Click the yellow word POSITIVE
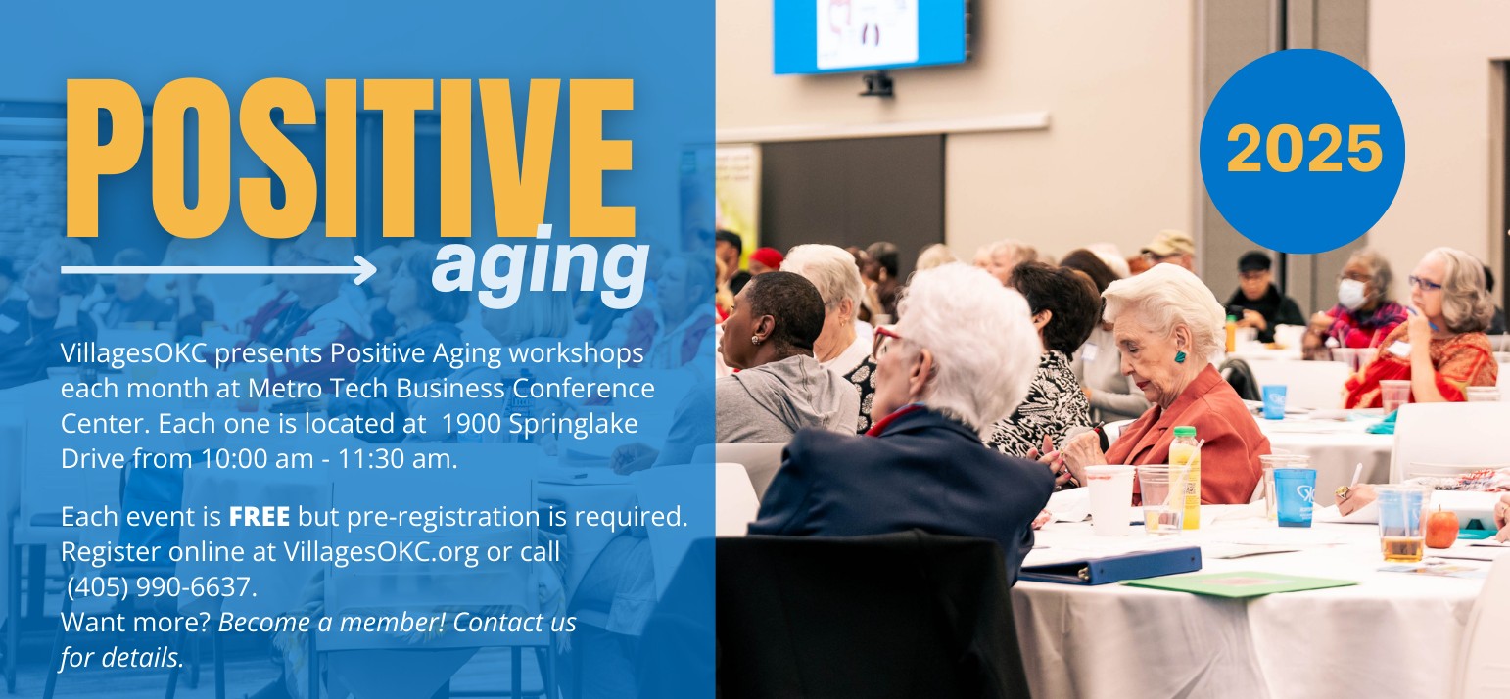(x=350, y=158)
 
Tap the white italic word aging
(x=540, y=267)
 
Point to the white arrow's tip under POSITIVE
(x=375, y=269)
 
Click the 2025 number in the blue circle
(x=1303, y=149)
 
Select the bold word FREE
(x=260, y=517)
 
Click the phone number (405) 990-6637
(x=162, y=587)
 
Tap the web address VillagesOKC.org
(x=381, y=552)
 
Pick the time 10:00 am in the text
(x=257, y=459)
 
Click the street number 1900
(x=471, y=424)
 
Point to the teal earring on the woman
(x=1180, y=355)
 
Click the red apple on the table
(x=1441, y=528)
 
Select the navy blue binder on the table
(x=1109, y=565)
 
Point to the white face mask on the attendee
(x=1351, y=294)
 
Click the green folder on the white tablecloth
(x=1239, y=583)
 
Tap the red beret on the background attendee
(x=766, y=256)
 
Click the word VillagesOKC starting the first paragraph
(x=134, y=353)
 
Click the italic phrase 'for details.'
(x=121, y=657)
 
